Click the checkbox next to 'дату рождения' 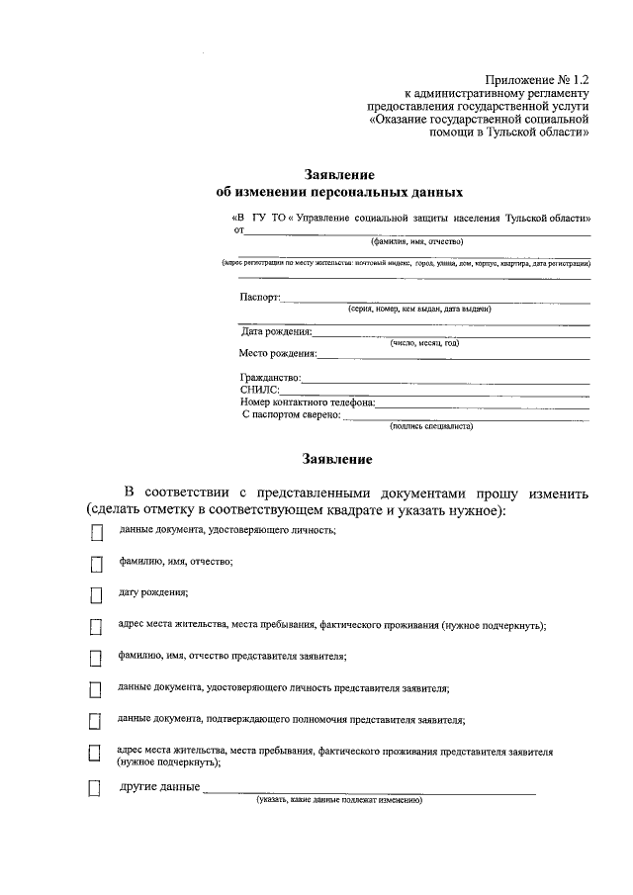click(x=96, y=595)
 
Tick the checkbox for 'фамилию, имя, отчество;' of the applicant click(x=96, y=565)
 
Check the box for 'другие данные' click(x=96, y=788)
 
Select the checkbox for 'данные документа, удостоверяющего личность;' click(x=96, y=533)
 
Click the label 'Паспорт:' click(x=260, y=297)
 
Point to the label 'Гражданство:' click(x=270, y=378)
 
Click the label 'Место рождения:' click(x=278, y=353)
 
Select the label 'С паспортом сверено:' click(x=292, y=415)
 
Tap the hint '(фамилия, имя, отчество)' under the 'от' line click(x=417, y=240)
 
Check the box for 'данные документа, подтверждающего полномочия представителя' click(x=96, y=721)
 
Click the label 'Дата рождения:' click(x=277, y=331)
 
